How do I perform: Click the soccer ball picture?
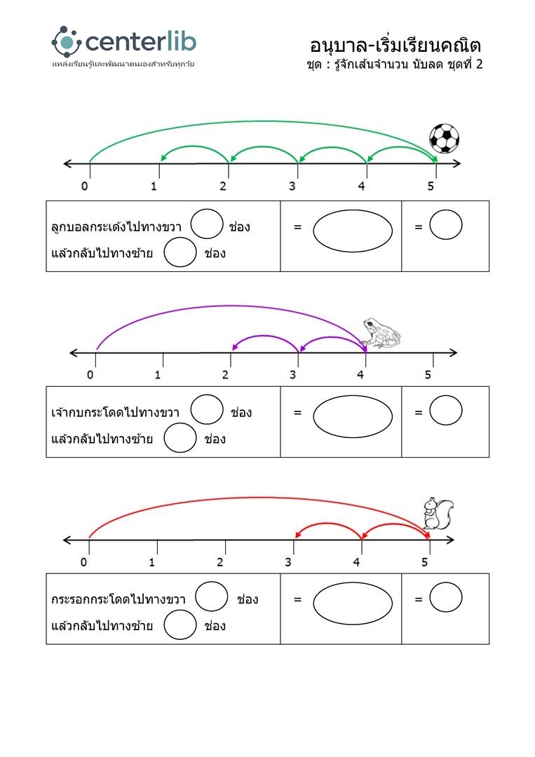pyautogui.click(x=444, y=138)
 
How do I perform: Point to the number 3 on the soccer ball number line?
pyautogui.click(x=292, y=186)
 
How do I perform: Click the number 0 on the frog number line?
pyautogui.click(x=90, y=374)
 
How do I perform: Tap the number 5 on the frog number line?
pyautogui.click(x=428, y=374)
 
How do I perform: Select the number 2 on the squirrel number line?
pyautogui.click(x=220, y=562)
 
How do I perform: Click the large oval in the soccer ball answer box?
pyautogui.click(x=353, y=229)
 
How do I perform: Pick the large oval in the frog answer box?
pyautogui.click(x=353, y=416)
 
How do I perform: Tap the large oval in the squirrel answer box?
pyautogui.click(x=353, y=602)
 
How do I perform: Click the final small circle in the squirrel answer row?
pyautogui.click(x=445, y=597)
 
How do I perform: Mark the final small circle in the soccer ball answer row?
pyautogui.click(x=445, y=225)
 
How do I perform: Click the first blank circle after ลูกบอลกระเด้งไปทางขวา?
pyautogui.click(x=207, y=224)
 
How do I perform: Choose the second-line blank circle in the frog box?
pyautogui.click(x=180, y=439)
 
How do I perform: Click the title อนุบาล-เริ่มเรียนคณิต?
pyautogui.click(x=395, y=46)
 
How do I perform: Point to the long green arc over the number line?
pyautogui.click(x=259, y=122)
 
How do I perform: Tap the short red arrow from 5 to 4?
pyautogui.click(x=395, y=524)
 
